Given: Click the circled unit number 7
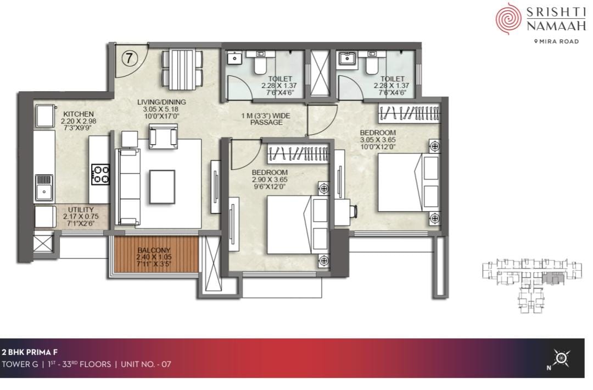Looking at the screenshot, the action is (x=130, y=58).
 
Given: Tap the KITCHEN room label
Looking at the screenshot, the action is (x=79, y=114).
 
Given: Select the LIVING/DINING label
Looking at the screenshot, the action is (x=161, y=102).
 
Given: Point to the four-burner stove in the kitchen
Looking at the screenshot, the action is (x=100, y=174).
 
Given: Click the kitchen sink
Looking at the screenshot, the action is (x=44, y=188).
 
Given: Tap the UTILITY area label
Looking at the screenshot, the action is (x=81, y=210).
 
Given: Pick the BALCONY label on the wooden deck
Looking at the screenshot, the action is (x=154, y=250).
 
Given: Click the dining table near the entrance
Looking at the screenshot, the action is (x=182, y=69).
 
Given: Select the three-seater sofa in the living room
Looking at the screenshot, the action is (x=130, y=187).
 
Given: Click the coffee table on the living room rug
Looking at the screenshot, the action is (x=162, y=187).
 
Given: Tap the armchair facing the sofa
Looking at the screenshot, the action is (x=164, y=136).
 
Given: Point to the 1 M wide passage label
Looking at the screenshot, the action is (x=266, y=119).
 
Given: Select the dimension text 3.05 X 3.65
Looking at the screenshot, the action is (x=378, y=140).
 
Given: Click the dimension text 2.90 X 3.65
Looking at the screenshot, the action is (x=270, y=180).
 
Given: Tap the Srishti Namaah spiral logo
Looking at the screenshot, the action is (x=508, y=18).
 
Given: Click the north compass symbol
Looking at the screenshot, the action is (x=561, y=358).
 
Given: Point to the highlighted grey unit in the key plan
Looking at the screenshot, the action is (x=553, y=279).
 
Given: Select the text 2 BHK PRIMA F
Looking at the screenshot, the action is (x=30, y=353).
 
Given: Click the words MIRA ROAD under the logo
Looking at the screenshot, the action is (x=559, y=41).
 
